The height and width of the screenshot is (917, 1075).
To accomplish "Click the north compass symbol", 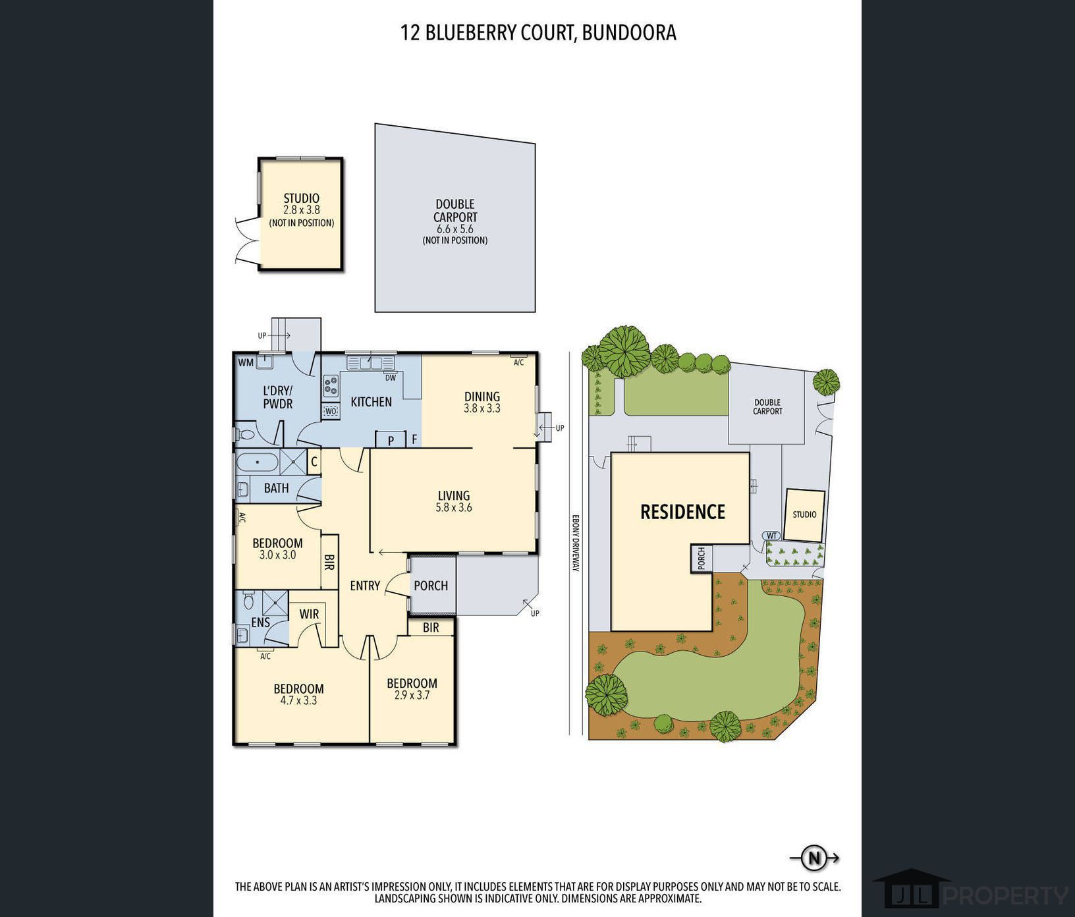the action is click(x=815, y=858).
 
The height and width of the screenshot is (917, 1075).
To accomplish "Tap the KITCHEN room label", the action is click(x=371, y=402).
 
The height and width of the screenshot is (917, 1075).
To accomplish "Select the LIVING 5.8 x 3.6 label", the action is click(x=454, y=501).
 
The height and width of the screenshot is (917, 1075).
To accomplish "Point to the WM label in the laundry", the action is click(x=246, y=362).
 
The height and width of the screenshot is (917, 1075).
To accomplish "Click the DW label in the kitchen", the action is click(x=391, y=377).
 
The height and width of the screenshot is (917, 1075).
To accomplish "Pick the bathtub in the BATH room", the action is click(x=258, y=462).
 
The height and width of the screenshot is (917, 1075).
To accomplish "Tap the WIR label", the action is click(x=309, y=614).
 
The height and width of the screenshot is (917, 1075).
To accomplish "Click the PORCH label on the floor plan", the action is click(x=431, y=586).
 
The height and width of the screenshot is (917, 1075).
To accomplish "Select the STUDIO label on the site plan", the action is click(x=804, y=514).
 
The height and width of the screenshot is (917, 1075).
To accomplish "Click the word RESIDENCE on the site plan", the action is click(x=682, y=512).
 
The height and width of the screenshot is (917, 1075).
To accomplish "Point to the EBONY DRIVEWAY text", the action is click(x=575, y=542).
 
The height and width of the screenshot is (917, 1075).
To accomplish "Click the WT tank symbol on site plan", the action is click(x=772, y=536).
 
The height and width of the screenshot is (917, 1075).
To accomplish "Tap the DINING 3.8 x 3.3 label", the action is click(x=482, y=402).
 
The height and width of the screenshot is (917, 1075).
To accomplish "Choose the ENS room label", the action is click(x=261, y=622).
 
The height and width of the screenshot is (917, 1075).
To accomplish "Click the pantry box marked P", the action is click(x=391, y=439).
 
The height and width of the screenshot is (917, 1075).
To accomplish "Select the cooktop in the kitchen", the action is click(x=331, y=385).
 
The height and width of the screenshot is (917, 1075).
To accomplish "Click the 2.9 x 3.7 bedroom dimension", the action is click(x=412, y=695).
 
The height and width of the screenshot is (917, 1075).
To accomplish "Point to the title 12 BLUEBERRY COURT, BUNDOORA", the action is click(x=538, y=33).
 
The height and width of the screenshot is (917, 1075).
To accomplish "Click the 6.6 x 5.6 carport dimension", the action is click(x=455, y=229).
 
